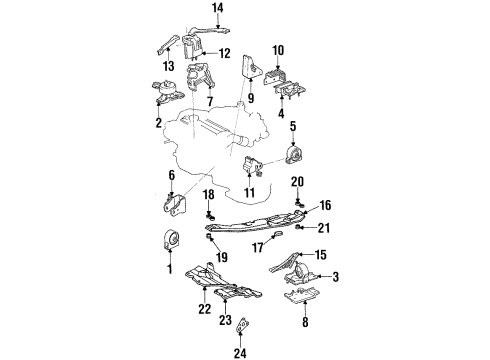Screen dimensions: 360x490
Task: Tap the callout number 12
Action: pyautogui.click(x=224, y=53)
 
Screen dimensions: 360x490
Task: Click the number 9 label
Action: pyautogui.click(x=251, y=98)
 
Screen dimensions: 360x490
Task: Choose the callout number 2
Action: pyautogui.click(x=159, y=122)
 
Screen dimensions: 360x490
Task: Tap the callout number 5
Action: pyautogui.click(x=293, y=126)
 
